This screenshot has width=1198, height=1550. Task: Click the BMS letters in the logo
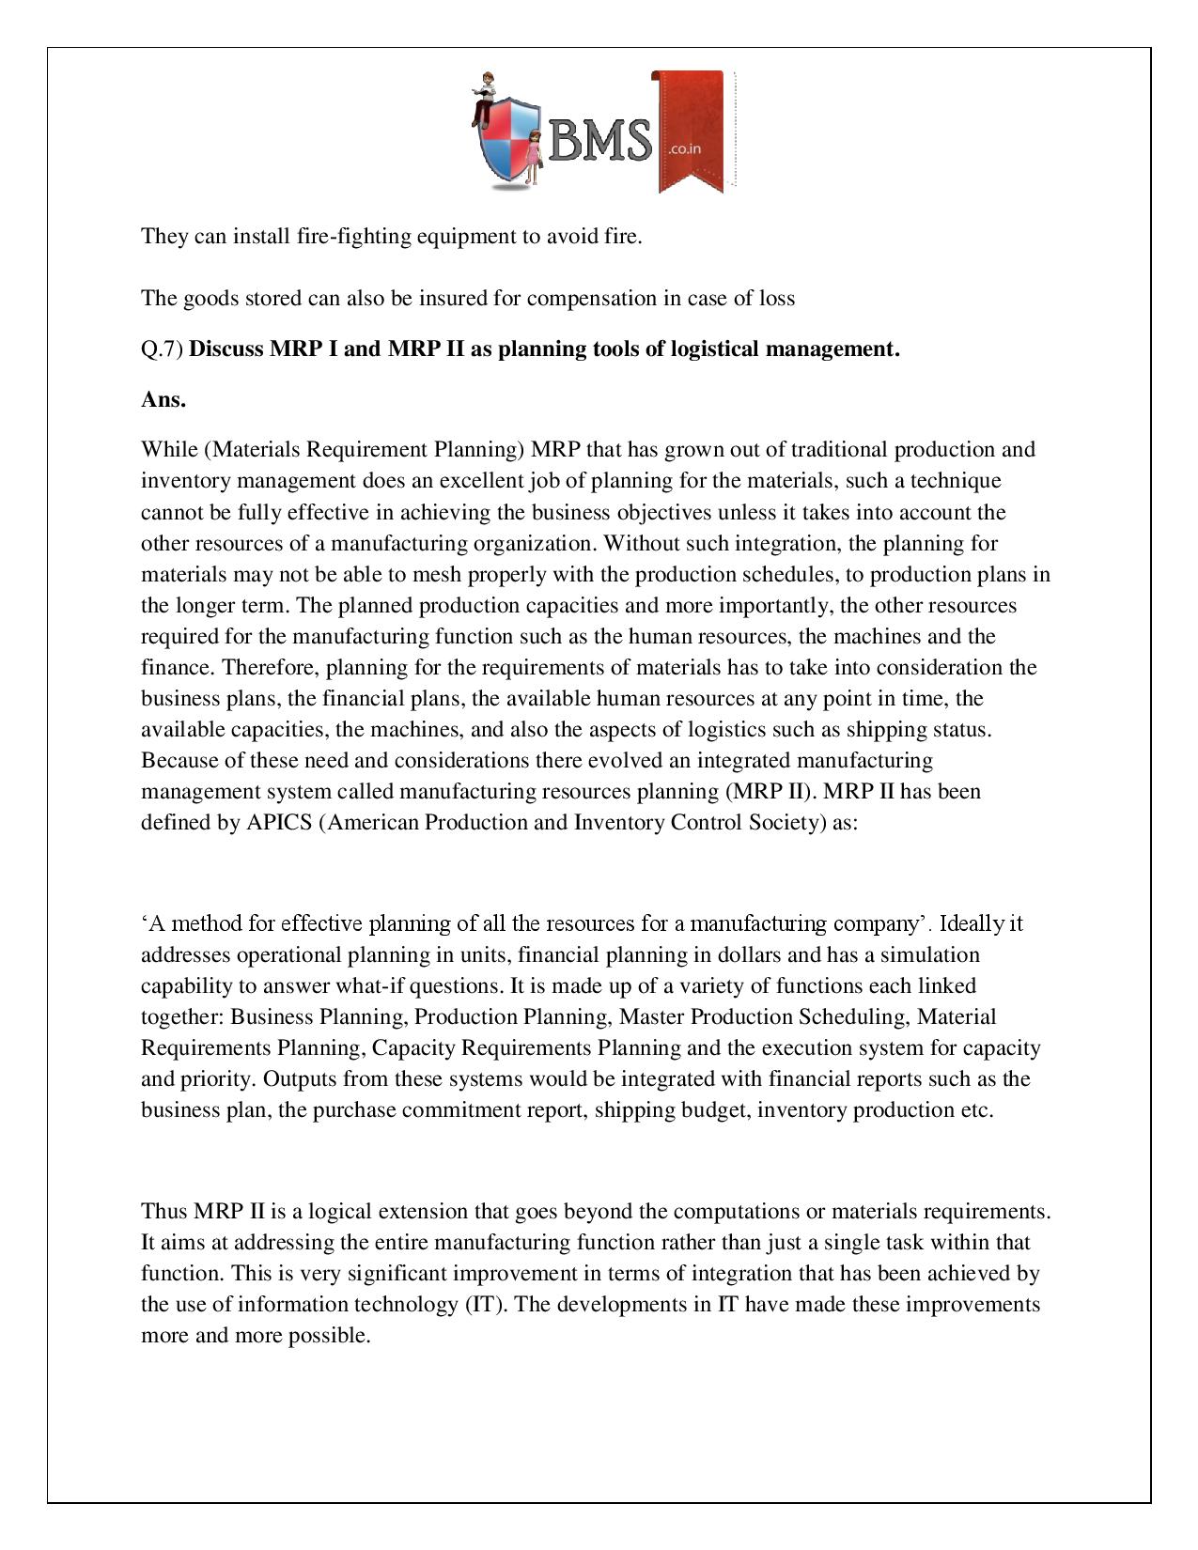(601, 141)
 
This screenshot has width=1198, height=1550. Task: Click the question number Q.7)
(163, 349)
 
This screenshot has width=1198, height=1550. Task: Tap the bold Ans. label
(163, 399)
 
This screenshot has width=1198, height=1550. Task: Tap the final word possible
(330, 1336)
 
